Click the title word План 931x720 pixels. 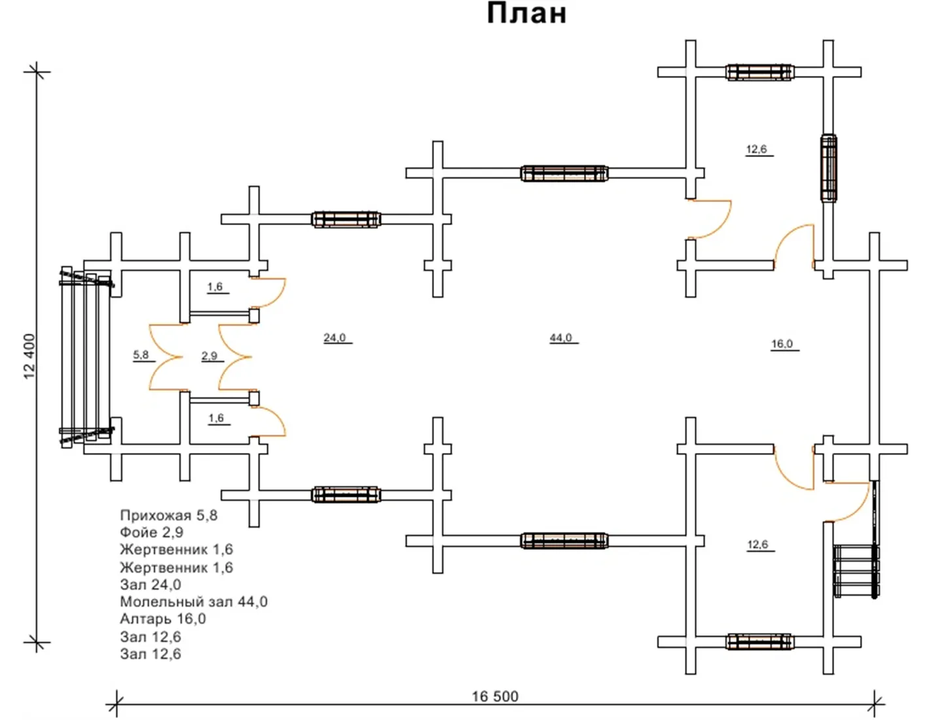coord(526,13)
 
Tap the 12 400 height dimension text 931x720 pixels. coord(30,356)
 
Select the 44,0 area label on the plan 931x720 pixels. coord(561,338)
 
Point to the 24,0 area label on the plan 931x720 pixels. coord(335,338)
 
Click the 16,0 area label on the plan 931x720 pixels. coord(782,344)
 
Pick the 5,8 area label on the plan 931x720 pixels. coord(141,355)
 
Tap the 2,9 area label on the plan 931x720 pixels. coord(210,355)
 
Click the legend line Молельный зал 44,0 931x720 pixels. coord(194,602)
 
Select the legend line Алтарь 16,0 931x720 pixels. coord(163,619)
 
